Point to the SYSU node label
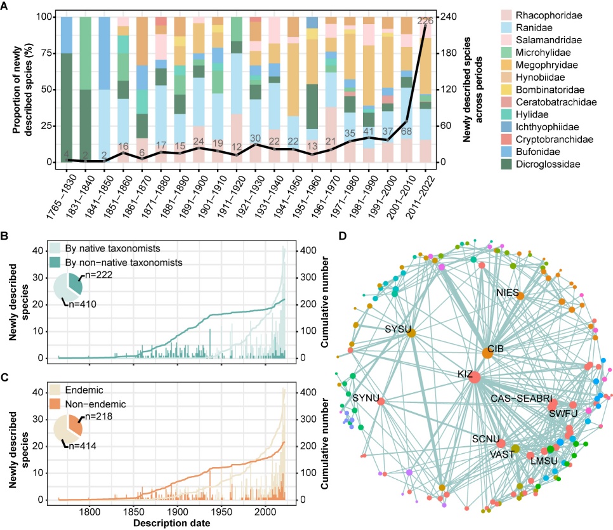(397, 329)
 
